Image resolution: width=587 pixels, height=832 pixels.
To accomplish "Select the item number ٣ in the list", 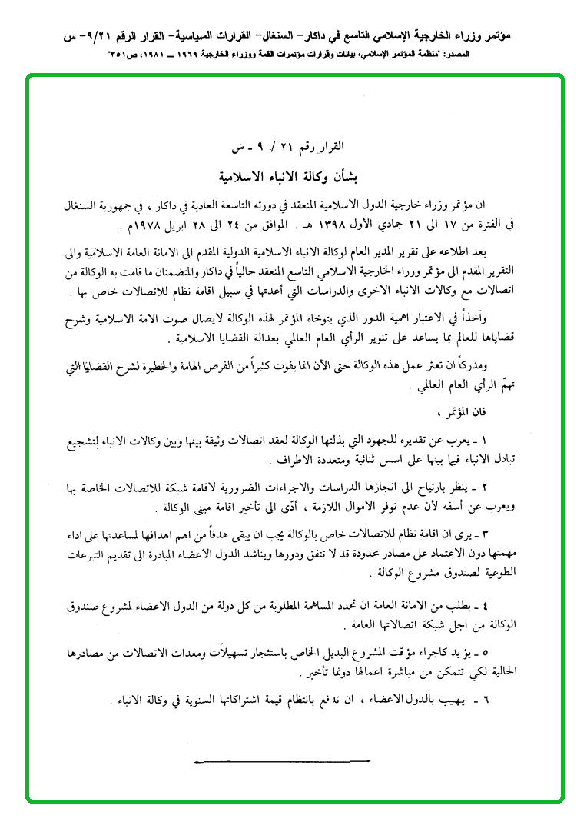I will [x=484, y=533].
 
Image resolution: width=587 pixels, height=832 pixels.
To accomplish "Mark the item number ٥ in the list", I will [x=484, y=651].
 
